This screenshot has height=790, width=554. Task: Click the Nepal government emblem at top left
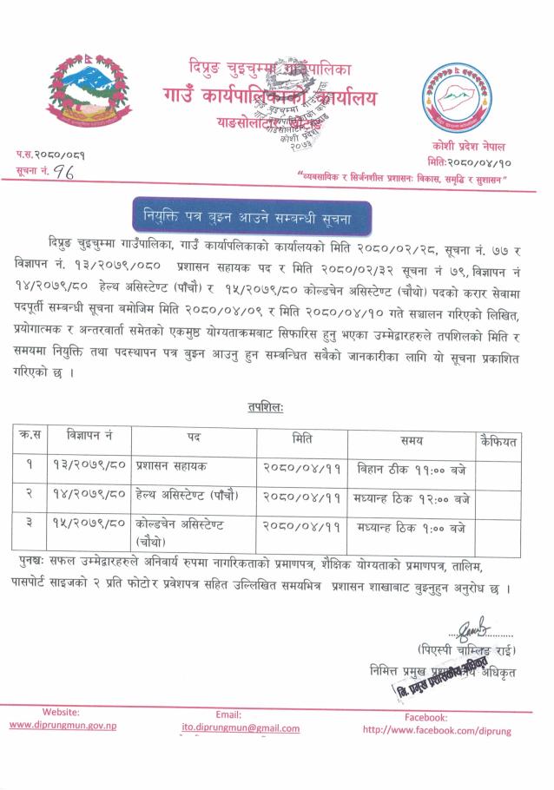point(85,92)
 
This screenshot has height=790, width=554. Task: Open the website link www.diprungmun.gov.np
point(63,725)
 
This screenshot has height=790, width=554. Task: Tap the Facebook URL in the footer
point(437,731)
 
